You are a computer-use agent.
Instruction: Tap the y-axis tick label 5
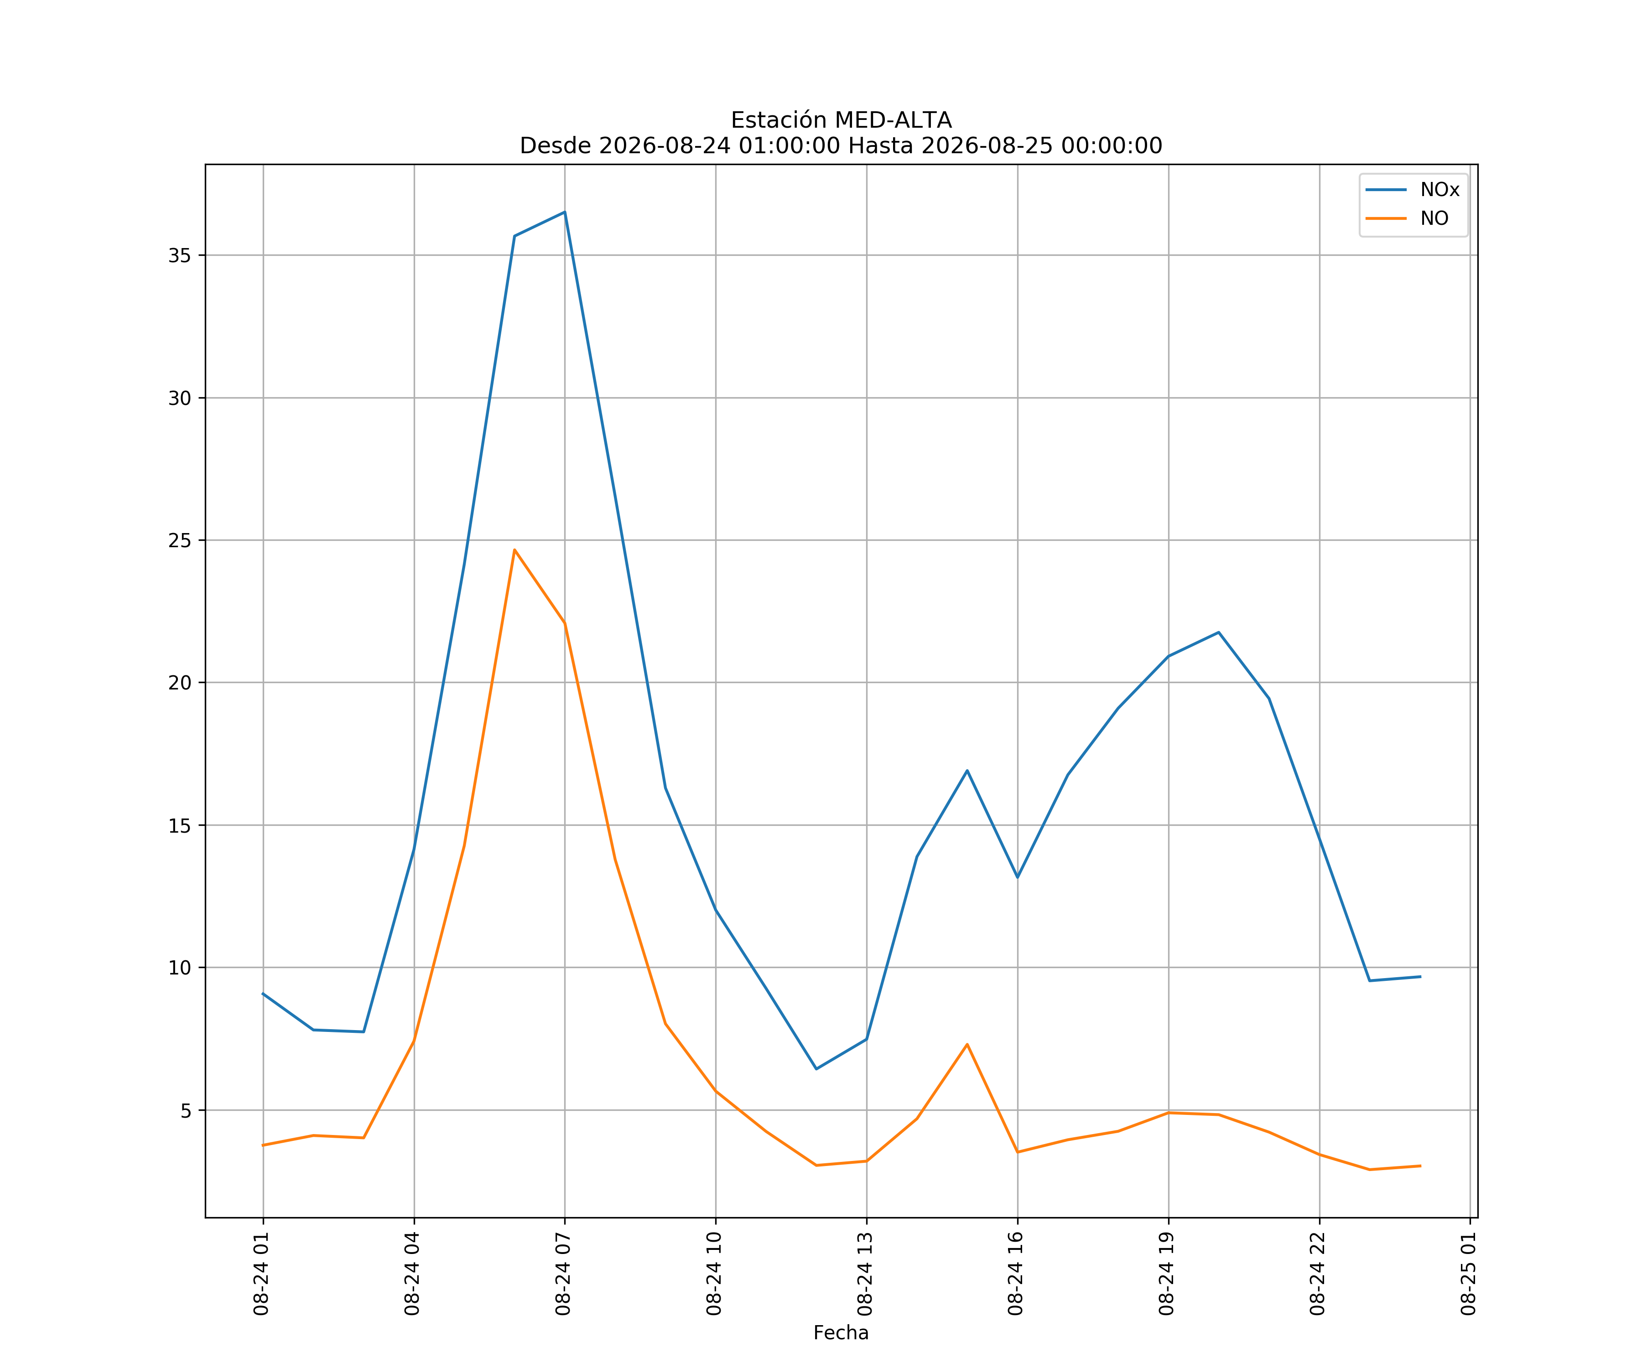(186, 1110)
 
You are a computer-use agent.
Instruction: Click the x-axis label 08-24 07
(564, 1274)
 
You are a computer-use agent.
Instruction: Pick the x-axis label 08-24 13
(866, 1274)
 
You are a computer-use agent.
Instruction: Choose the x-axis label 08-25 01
(1469, 1274)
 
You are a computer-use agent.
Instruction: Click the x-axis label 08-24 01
(262, 1274)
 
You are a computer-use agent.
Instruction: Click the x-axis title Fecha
(841, 1333)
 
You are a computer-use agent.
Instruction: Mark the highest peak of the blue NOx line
(565, 212)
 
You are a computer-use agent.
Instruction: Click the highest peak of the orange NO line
(514, 549)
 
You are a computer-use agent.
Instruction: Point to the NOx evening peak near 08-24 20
(1218, 632)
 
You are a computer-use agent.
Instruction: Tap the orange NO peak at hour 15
(967, 1044)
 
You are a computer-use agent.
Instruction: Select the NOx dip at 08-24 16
(1017, 877)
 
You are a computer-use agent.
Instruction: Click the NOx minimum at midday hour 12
(816, 1068)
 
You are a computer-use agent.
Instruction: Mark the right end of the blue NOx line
(1420, 976)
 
